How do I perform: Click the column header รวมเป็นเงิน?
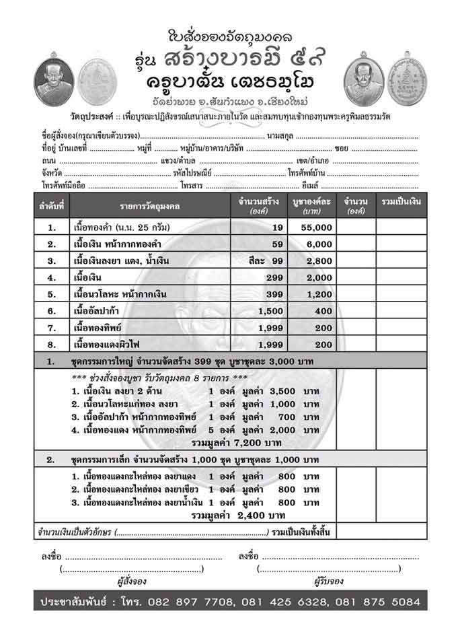click(x=402, y=205)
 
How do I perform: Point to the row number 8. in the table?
click(x=52, y=344)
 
